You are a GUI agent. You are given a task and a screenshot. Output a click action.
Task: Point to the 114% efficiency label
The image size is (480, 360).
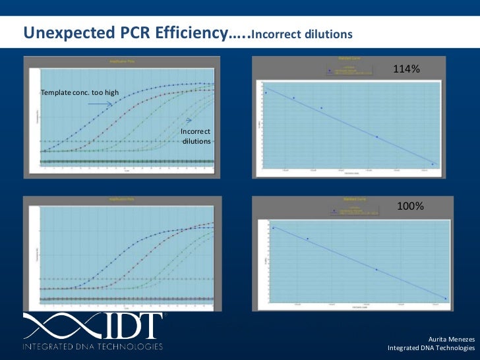407,69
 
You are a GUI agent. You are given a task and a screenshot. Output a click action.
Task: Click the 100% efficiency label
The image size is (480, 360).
409,206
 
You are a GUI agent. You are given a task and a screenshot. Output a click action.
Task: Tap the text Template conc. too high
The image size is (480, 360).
80,92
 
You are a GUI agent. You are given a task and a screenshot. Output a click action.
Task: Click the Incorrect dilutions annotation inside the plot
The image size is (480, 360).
196,136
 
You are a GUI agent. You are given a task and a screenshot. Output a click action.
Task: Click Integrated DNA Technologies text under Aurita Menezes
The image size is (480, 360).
431,348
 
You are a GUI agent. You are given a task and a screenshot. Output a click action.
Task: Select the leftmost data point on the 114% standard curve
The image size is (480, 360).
266,92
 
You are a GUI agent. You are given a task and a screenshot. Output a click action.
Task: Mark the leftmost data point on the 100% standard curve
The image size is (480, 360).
273,228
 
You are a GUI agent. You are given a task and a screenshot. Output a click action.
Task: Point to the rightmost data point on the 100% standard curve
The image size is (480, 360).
445,299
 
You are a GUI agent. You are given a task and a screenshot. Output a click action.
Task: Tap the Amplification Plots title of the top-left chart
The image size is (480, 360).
119,61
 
